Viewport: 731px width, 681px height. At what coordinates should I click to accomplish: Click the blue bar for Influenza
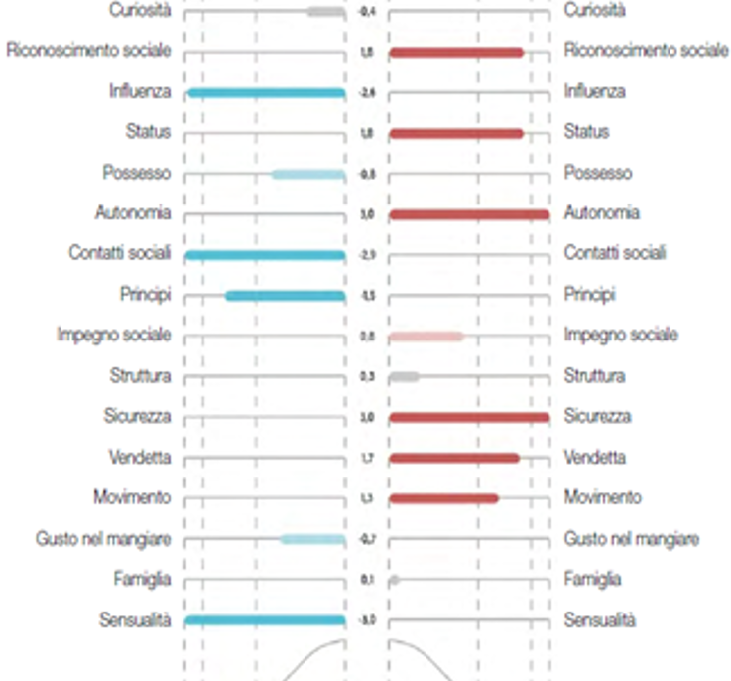click(266, 93)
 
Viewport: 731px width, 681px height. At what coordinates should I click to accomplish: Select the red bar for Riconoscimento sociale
click(456, 52)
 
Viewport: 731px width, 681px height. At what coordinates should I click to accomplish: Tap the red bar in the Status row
click(456, 133)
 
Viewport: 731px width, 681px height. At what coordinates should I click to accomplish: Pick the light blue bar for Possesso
click(308, 175)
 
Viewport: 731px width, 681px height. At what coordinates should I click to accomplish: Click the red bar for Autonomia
click(469, 214)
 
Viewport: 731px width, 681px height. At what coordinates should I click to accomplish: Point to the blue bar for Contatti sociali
click(265, 255)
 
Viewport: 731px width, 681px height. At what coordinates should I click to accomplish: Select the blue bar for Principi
click(286, 296)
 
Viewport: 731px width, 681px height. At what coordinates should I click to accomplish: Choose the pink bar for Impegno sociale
click(426, 337)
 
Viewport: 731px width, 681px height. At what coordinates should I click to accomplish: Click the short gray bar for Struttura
click(404, 377)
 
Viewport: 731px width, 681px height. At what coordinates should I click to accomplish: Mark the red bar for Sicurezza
click(469, 417)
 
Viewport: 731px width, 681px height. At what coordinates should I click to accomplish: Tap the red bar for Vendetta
click(454, 458)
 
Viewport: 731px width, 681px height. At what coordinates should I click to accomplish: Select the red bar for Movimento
click(443, 498)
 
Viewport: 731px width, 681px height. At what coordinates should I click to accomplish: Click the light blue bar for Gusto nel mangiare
click(312, 540)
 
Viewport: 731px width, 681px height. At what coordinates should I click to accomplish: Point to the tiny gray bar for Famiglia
click(394, 580)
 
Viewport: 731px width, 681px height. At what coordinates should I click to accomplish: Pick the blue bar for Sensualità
click(265, 621)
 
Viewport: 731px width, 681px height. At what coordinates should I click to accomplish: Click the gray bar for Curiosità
click(325, 12)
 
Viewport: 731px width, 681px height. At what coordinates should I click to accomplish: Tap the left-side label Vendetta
click(140, 458)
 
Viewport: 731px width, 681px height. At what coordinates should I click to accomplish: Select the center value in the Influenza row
click(367, 93)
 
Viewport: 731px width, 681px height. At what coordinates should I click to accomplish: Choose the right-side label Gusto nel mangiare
click(632, 539)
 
